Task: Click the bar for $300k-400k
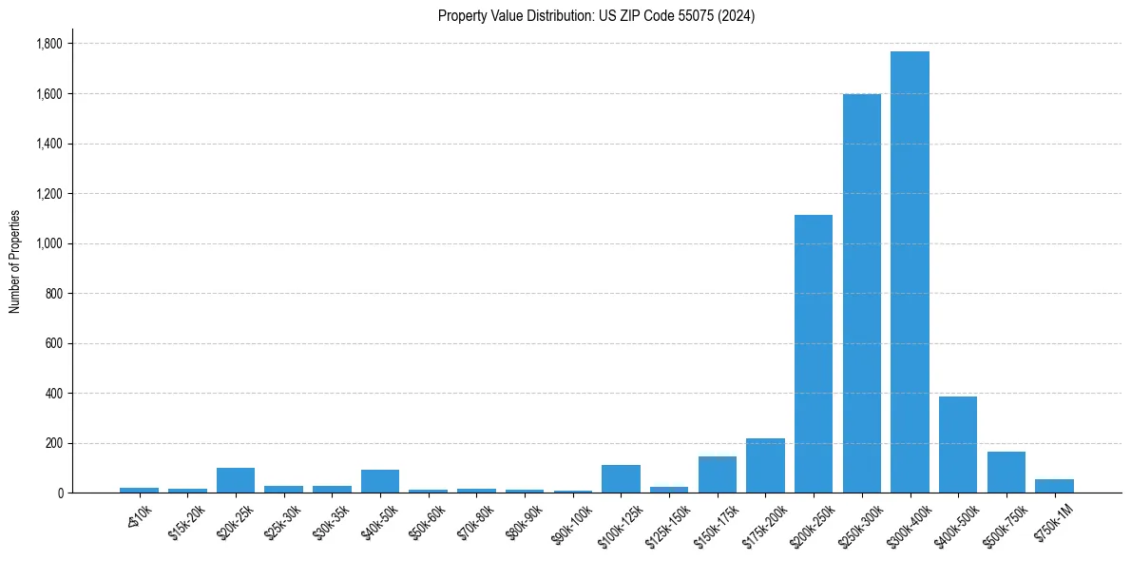coord(910,272)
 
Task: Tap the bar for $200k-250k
coord(814,354)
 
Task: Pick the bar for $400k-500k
coord(958,444)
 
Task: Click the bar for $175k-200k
coord(765,465)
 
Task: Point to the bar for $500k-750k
coord(1006,472)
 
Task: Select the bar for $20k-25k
coord(236,480)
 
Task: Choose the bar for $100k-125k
coord(621,478)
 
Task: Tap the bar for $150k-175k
coord(718,474)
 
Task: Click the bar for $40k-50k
coord(380,481)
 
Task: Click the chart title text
coord(597,16)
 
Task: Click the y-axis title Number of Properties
coord(15,261)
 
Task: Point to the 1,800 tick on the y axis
coord(48,44)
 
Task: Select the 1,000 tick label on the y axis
coord(48,243)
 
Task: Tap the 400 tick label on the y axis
coord(53,393)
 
